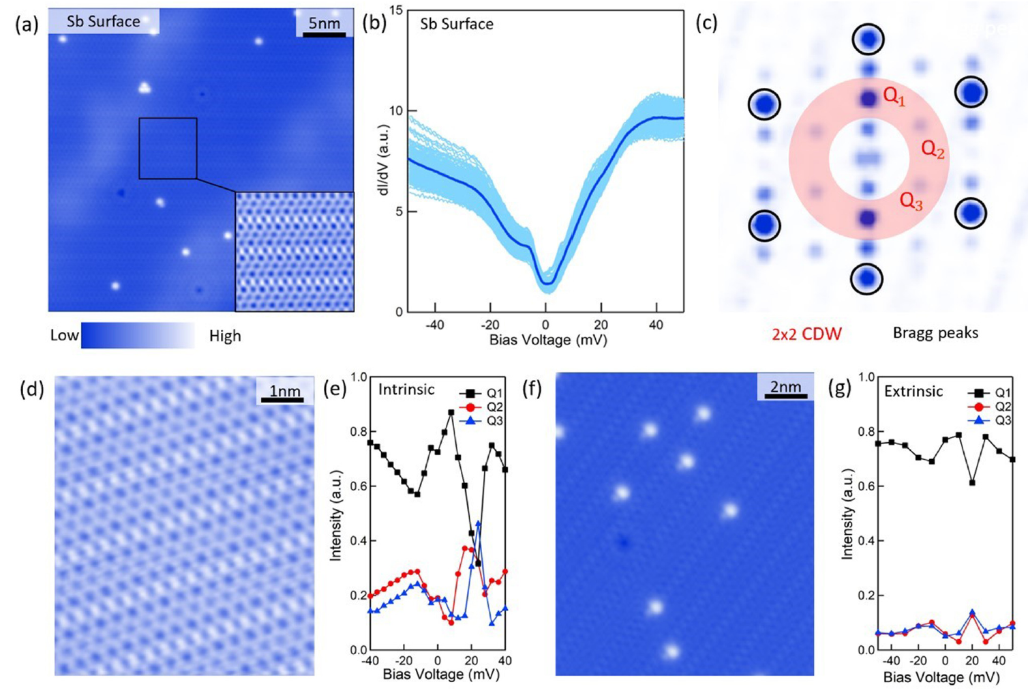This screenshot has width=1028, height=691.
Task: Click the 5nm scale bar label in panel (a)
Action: tap(324, 23)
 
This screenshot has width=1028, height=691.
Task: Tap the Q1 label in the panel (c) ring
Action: tap(894, 96)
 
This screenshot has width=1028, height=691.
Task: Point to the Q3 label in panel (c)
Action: tap(911, 201)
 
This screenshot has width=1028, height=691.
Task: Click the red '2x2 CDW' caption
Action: tap(806, 334)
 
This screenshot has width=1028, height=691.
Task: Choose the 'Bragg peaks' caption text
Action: tap(935, 333)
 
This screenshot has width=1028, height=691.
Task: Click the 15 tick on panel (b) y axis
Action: tap(393, 11)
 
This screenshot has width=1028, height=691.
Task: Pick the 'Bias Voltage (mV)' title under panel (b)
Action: tap(547, 340)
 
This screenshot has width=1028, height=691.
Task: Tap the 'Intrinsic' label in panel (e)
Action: tap(406, 389)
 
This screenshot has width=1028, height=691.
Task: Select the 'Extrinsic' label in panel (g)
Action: tap(913, 392)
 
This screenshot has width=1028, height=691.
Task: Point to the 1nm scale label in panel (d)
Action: tap(285, 391)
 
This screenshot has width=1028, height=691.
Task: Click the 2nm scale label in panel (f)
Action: tap(785, 387)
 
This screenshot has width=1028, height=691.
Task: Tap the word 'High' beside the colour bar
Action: tap(225, 336)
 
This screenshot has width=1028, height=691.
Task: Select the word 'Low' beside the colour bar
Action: tap(64, 336)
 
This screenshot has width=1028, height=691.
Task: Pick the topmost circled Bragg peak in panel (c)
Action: tap(868, 40)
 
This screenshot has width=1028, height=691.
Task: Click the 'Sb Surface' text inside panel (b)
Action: tap(456, 25)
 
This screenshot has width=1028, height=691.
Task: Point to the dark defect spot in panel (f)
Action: tap(622, 543)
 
